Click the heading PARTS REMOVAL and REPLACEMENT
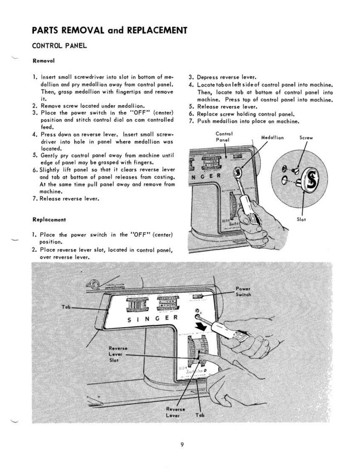(x=109, y=30)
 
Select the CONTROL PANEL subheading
(x=59, y=46)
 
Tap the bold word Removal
(x=43, y=60)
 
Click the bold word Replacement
(x=49, y=219)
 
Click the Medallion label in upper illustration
(x=272, y=137)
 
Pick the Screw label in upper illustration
(x=306, y=137)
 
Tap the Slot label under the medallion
(x=302, y=219)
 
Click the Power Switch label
(x=243, y=291)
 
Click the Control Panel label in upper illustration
(x=224, y=137)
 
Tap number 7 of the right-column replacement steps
(x=190, y=122)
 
